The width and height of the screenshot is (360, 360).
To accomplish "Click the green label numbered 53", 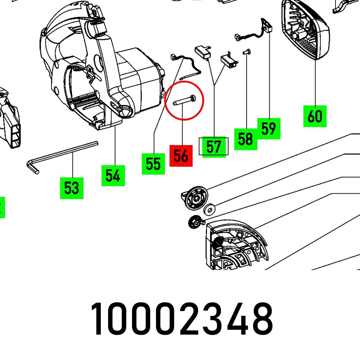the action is click(x=72, y=188).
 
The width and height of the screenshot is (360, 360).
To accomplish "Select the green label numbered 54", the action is click(x=113, y=176).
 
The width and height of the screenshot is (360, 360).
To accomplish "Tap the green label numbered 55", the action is click(x=153, y=164).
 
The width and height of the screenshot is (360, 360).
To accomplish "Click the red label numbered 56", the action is click(x=181, y=156).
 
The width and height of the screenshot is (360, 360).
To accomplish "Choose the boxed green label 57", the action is click(x=213, y=147).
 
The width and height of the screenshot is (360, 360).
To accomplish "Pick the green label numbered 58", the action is click(x=246, y=139).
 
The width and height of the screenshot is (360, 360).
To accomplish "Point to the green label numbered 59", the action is click(x=269, y=129).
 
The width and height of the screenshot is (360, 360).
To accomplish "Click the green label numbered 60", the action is click(x=315, y=116).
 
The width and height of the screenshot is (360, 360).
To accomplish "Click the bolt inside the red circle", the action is click(x=184, y=100).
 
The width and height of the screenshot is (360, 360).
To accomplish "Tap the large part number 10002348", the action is click(x=182, y=319).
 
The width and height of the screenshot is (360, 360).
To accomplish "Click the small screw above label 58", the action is click(x=247, y=52).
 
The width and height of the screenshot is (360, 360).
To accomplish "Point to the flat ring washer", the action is click(x=209, y=210).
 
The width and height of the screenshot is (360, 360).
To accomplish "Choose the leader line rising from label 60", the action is click(x=315, y=83).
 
